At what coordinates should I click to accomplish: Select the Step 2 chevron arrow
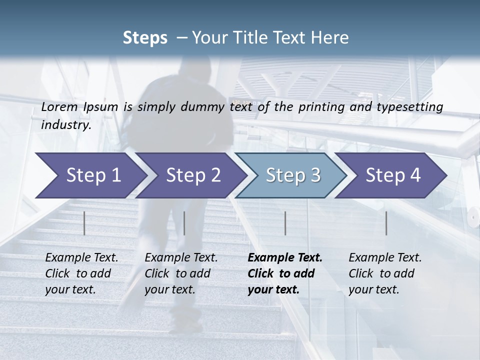(x=192, y=175)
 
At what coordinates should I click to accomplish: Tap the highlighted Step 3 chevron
(x=292, y=175)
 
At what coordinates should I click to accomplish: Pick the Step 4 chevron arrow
(x=392, y=175)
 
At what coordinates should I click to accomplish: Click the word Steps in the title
(x=145, y=38)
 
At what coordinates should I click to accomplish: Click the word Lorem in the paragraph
(x=59, y=106)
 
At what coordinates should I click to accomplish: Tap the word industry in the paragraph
(x=66, y=124)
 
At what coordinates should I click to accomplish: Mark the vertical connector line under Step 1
(x=84, y=223)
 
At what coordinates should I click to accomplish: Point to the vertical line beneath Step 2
(x=184, y=223)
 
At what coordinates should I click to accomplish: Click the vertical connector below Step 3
(x=285, y=223)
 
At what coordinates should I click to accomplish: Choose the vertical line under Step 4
(x=386, y=223)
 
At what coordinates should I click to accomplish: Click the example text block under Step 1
(x=81, y=273)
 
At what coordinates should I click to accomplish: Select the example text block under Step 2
(x=180, y=273)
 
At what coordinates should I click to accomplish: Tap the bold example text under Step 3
(x=284, y=273)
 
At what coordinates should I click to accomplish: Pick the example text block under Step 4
(x=384, y=273)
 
